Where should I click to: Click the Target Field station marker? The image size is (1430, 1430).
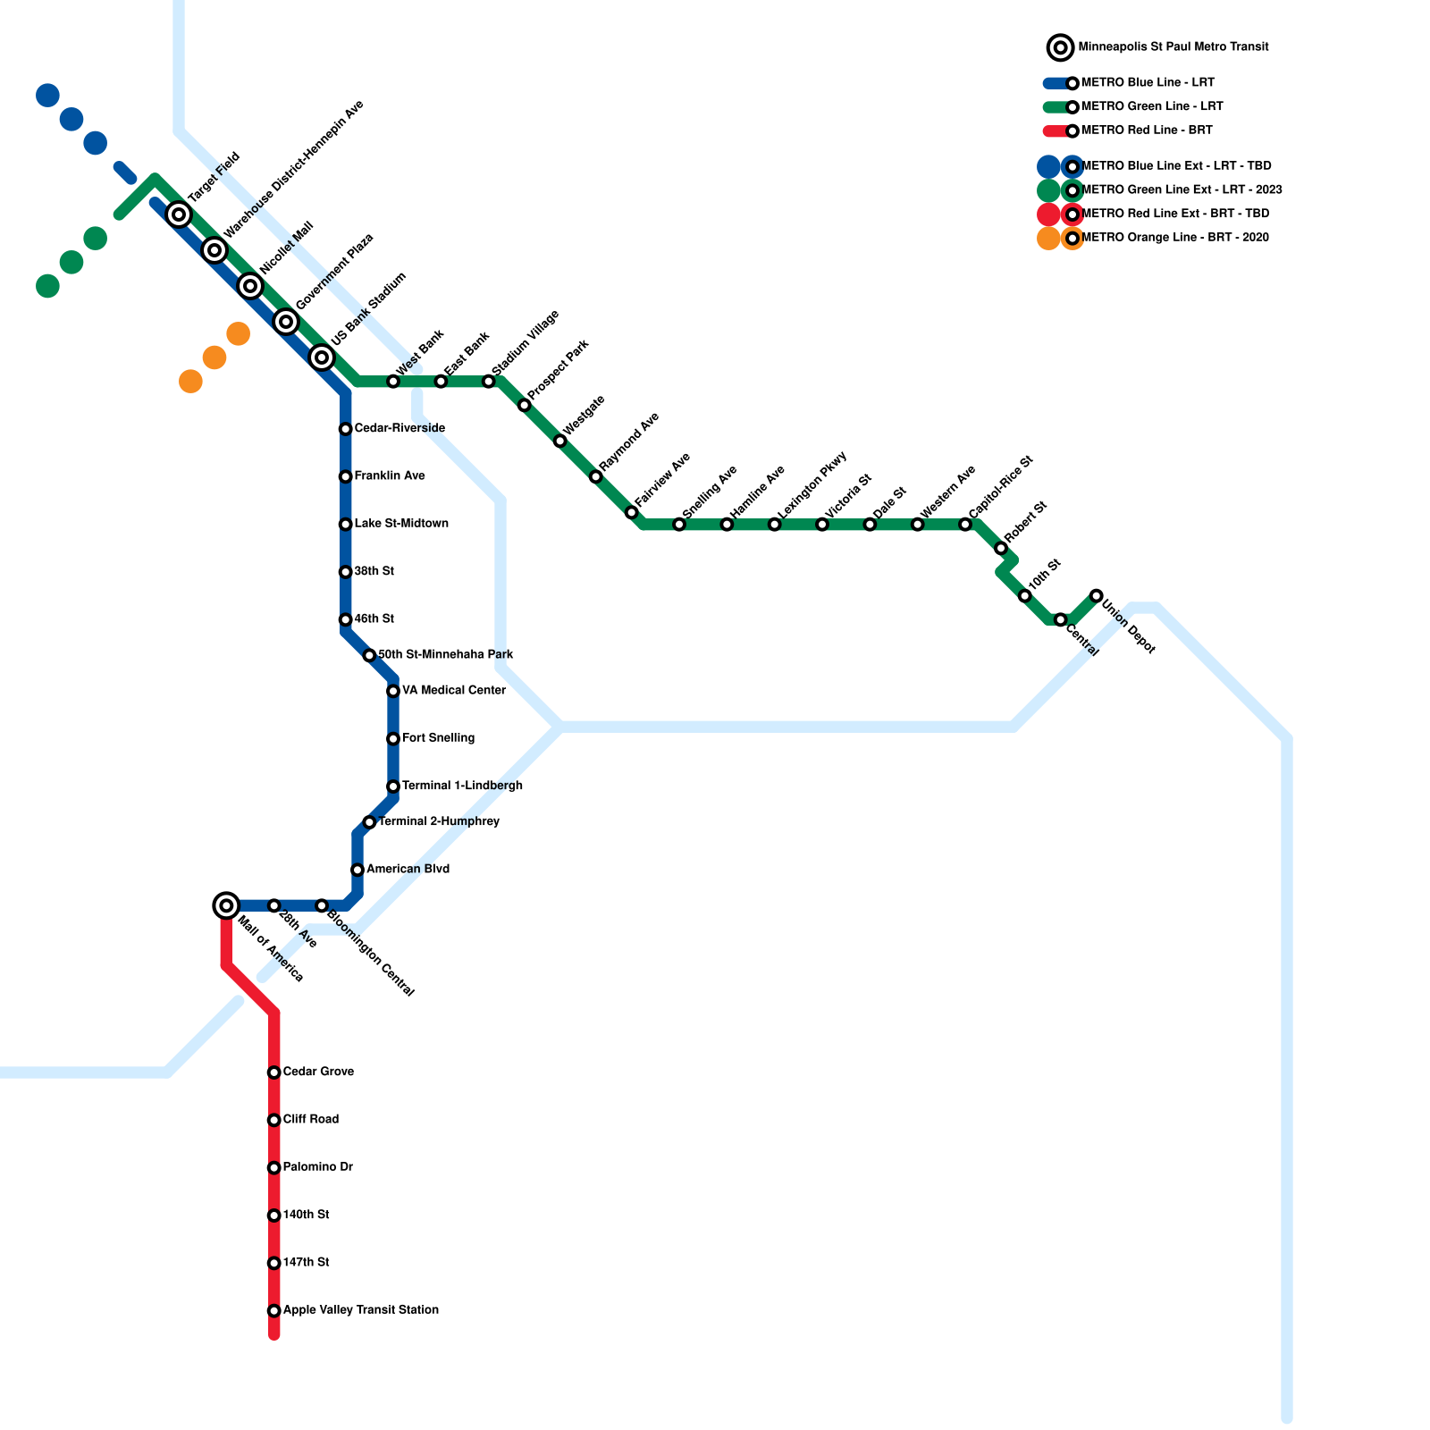[179, 214]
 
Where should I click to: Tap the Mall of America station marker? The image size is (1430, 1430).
[227, 905]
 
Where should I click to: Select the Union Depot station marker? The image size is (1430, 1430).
[1096, 596]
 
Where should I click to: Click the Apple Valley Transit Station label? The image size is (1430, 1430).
[360, 1310]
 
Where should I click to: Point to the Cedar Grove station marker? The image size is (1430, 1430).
[274, 1072]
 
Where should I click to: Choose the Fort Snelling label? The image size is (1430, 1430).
[438, 738]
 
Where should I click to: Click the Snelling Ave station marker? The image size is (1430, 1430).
[679, 525]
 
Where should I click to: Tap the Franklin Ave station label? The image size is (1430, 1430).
[389, 476]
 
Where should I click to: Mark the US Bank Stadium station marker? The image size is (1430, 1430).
[322, 357]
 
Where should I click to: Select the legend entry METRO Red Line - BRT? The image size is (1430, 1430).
[1146, 130]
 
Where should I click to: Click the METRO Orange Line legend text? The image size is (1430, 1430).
[1174, 238]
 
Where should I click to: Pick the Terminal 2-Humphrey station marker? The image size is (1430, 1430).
[369, 822]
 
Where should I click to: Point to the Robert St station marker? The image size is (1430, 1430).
[1001, 548]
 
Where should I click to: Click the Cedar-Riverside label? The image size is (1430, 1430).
[399, 429]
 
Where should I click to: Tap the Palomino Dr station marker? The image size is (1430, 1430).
[274, 1168]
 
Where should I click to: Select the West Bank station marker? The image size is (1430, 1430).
[393, 382]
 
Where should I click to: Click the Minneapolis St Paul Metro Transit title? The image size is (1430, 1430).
[1173, 46]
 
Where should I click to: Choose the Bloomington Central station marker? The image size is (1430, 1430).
[322, 906]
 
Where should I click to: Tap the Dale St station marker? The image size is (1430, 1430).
[870, 525]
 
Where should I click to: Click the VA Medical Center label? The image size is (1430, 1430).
[453, 691]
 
